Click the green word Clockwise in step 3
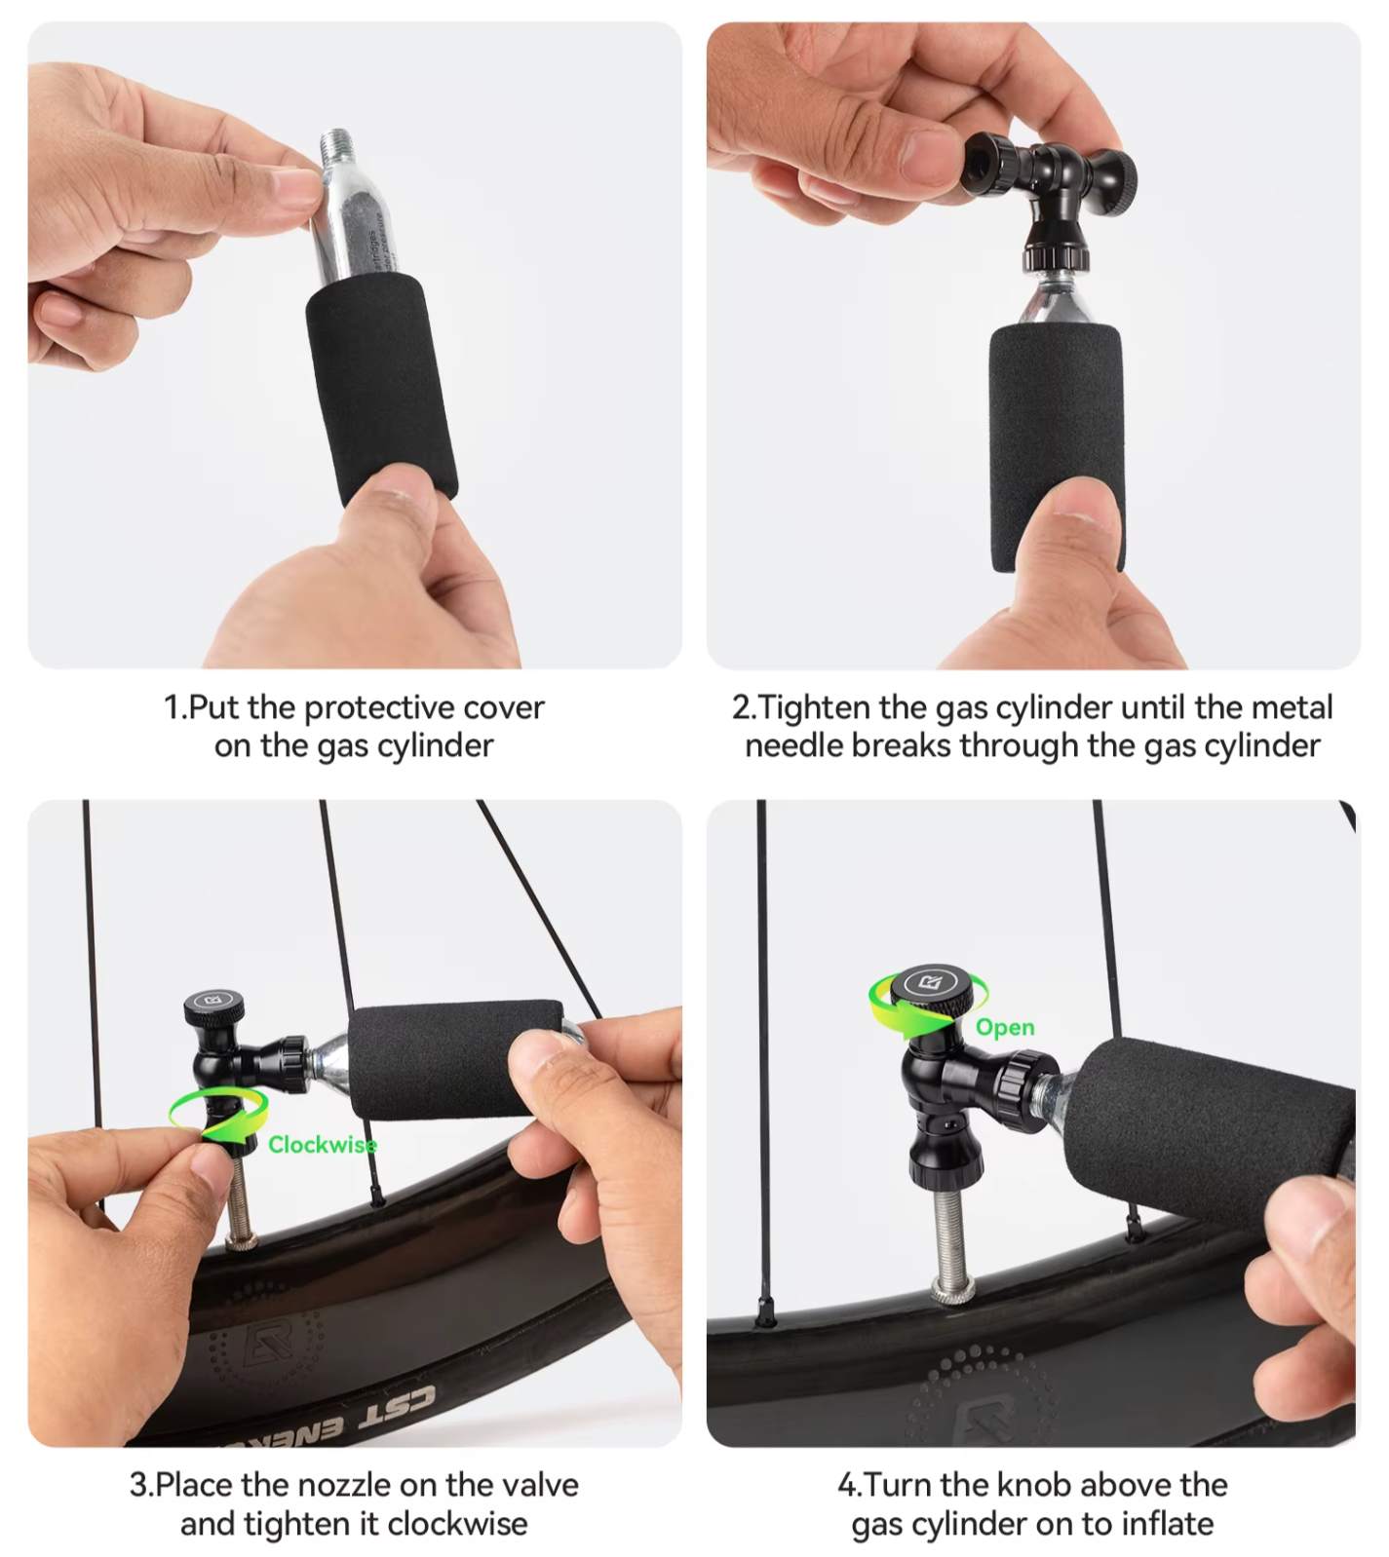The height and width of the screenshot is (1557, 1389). click(323, 1144)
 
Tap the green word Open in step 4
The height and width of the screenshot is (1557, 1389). click(1005, 1028)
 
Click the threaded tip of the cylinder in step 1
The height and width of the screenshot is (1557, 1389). click(336, 145)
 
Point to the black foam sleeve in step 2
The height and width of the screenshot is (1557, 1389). click(1058, 448)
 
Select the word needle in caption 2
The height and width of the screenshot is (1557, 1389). click(794, 745)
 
